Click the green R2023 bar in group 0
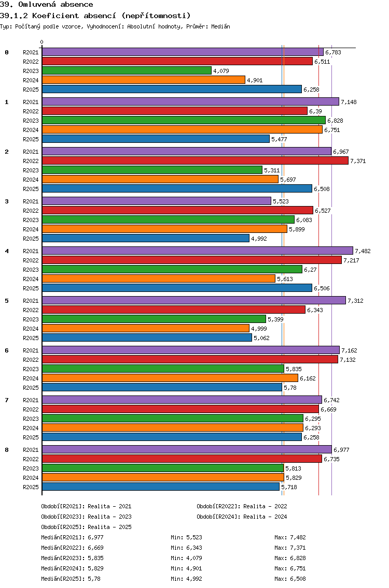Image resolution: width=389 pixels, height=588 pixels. (x=127, y=70)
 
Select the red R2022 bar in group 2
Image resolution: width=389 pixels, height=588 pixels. (x=195, y=160)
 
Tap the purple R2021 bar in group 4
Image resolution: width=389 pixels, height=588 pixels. (x=197, y=251)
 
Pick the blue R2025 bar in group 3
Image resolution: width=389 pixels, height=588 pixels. (x=145, y=238)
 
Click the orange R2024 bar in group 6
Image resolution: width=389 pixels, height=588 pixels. (x=170, y=378)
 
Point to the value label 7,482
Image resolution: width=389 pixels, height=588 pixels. (x=363, y=251)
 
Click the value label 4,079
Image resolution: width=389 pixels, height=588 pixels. (x=221, y=71)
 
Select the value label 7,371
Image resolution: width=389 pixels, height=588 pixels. (x=358, y=161)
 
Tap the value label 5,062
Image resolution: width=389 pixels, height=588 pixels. (x=261, y=338)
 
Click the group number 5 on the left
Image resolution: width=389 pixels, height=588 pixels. (x=7, y=300)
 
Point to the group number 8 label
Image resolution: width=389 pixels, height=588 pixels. (x=7, y=449)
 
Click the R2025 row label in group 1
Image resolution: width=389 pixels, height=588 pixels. (x=31, y=139)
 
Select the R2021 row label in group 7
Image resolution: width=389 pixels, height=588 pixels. (x=31, y=400)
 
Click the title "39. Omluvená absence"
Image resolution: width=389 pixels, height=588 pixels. (x=47, y=5)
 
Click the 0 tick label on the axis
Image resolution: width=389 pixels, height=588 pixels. (x=42, y=42)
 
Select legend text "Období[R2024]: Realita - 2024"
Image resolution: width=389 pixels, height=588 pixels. (x=242, y=517)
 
